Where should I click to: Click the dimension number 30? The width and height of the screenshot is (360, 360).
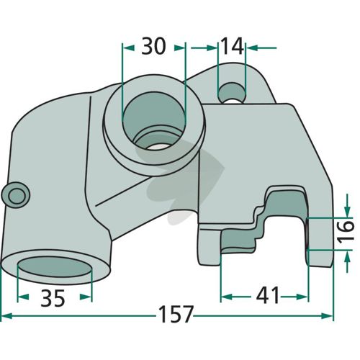tap(153, 46)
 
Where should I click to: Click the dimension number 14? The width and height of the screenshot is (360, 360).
tap(232, 46)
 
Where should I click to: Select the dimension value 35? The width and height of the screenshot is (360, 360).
tap(53, 298)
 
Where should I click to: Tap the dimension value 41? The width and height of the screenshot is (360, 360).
tap(268, 295)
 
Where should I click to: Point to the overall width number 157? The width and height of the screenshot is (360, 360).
tap(176, 314)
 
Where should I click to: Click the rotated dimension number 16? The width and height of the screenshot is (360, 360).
tap(346, 232)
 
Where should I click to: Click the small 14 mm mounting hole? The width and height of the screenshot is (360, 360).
tap(232, 93)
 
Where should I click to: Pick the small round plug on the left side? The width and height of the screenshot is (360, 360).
tap(16, 195)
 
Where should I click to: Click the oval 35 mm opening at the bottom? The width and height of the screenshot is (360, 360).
tap(55, 267)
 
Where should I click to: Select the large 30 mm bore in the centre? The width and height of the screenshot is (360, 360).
tap(154, 120)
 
